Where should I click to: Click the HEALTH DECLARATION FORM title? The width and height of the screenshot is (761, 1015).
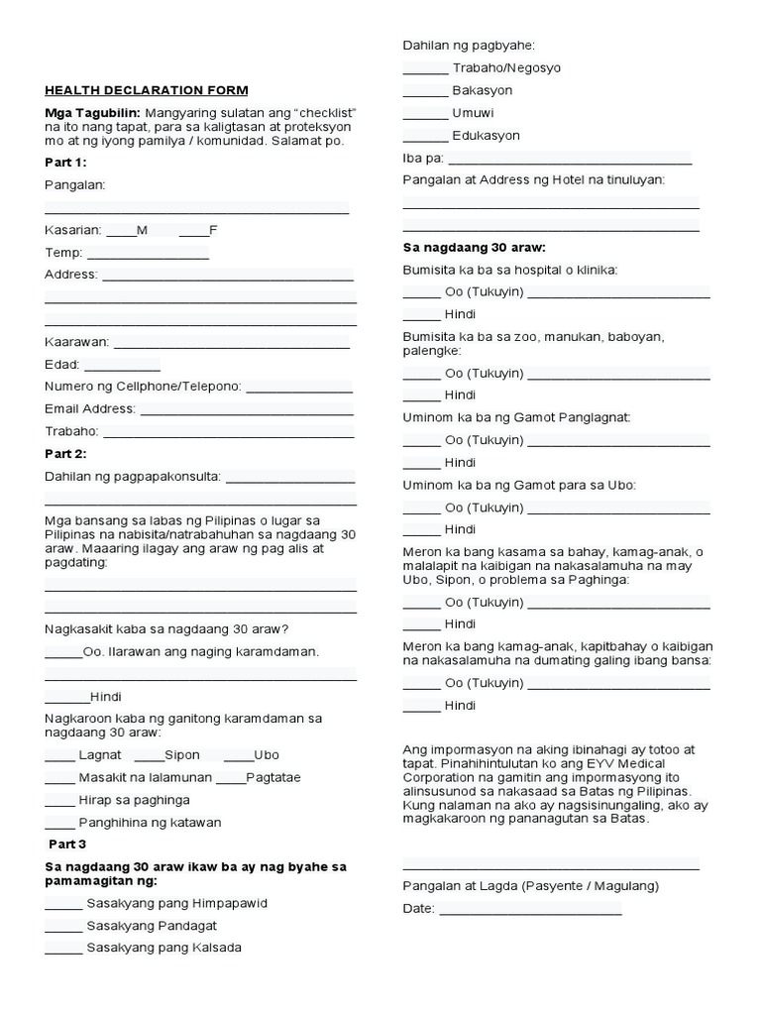click(x=147, y=90)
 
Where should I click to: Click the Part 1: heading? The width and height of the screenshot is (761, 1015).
click(x=65, y=162)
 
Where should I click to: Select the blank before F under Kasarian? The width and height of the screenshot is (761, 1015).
click(x=193, y=231)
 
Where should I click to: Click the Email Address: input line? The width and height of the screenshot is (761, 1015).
click(x=247, y=410)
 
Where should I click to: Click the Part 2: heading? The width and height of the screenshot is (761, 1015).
click(x=65, y=454)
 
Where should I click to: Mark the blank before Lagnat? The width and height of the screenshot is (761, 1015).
click(x=59, y=756)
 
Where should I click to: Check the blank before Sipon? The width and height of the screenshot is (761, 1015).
click(x=149, y=756)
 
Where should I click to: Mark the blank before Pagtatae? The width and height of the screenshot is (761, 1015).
click(x=230, y=779)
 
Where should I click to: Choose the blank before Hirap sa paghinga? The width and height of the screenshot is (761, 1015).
click(x=59, y=802)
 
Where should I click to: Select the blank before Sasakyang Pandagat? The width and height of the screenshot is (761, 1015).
click(x=63, y=927)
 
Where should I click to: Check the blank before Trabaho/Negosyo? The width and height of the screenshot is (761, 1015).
click(x=425, y=69)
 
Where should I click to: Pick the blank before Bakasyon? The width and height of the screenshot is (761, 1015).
click(x=425, y=92)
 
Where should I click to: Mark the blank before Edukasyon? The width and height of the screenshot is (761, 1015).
click(x=425, y=137)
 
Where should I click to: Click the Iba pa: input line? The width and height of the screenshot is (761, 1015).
click(x=570, y=160)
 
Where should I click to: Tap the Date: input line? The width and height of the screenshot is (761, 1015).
click(x=530, y=911)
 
